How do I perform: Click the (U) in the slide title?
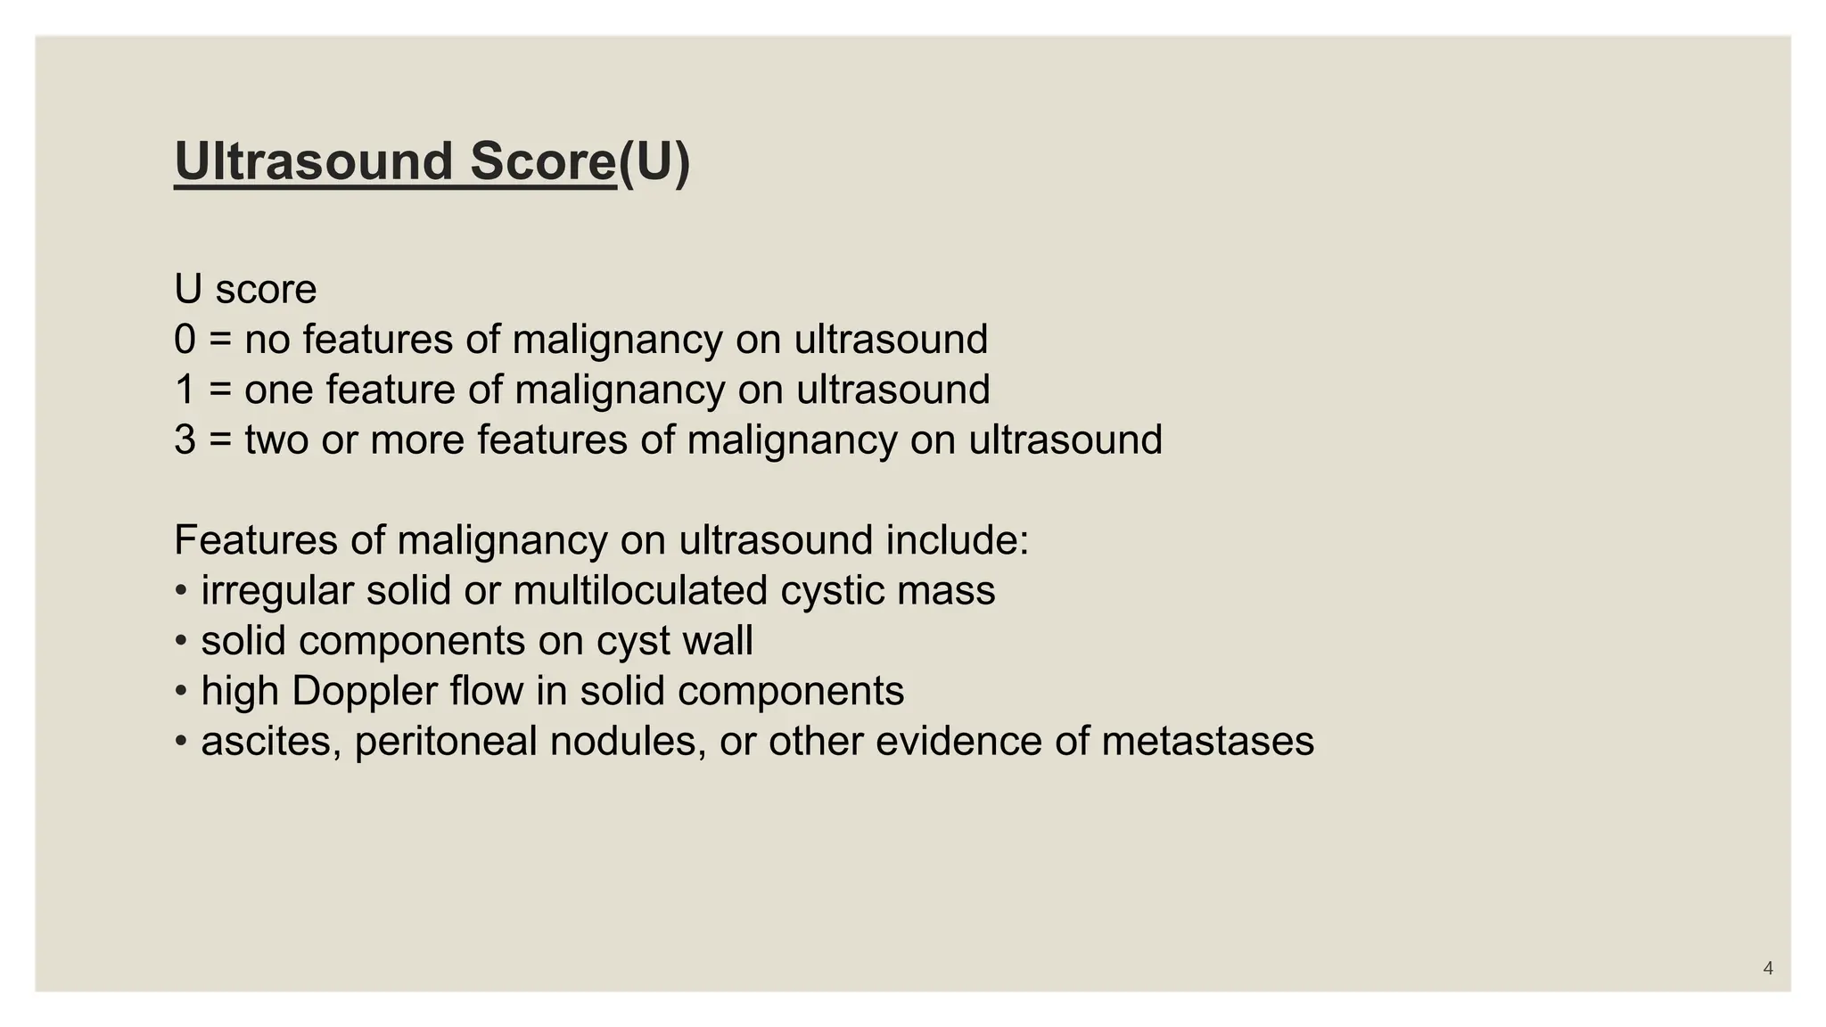point(654,161)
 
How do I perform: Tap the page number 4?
point(1768,968)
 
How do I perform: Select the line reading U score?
point(245,289)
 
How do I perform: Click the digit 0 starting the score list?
point(185,340)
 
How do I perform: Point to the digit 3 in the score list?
point(185,440)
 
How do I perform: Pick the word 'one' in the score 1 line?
point(278,390)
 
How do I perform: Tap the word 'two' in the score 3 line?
point(276,440)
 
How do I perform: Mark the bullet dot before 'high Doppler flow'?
point(181,691)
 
